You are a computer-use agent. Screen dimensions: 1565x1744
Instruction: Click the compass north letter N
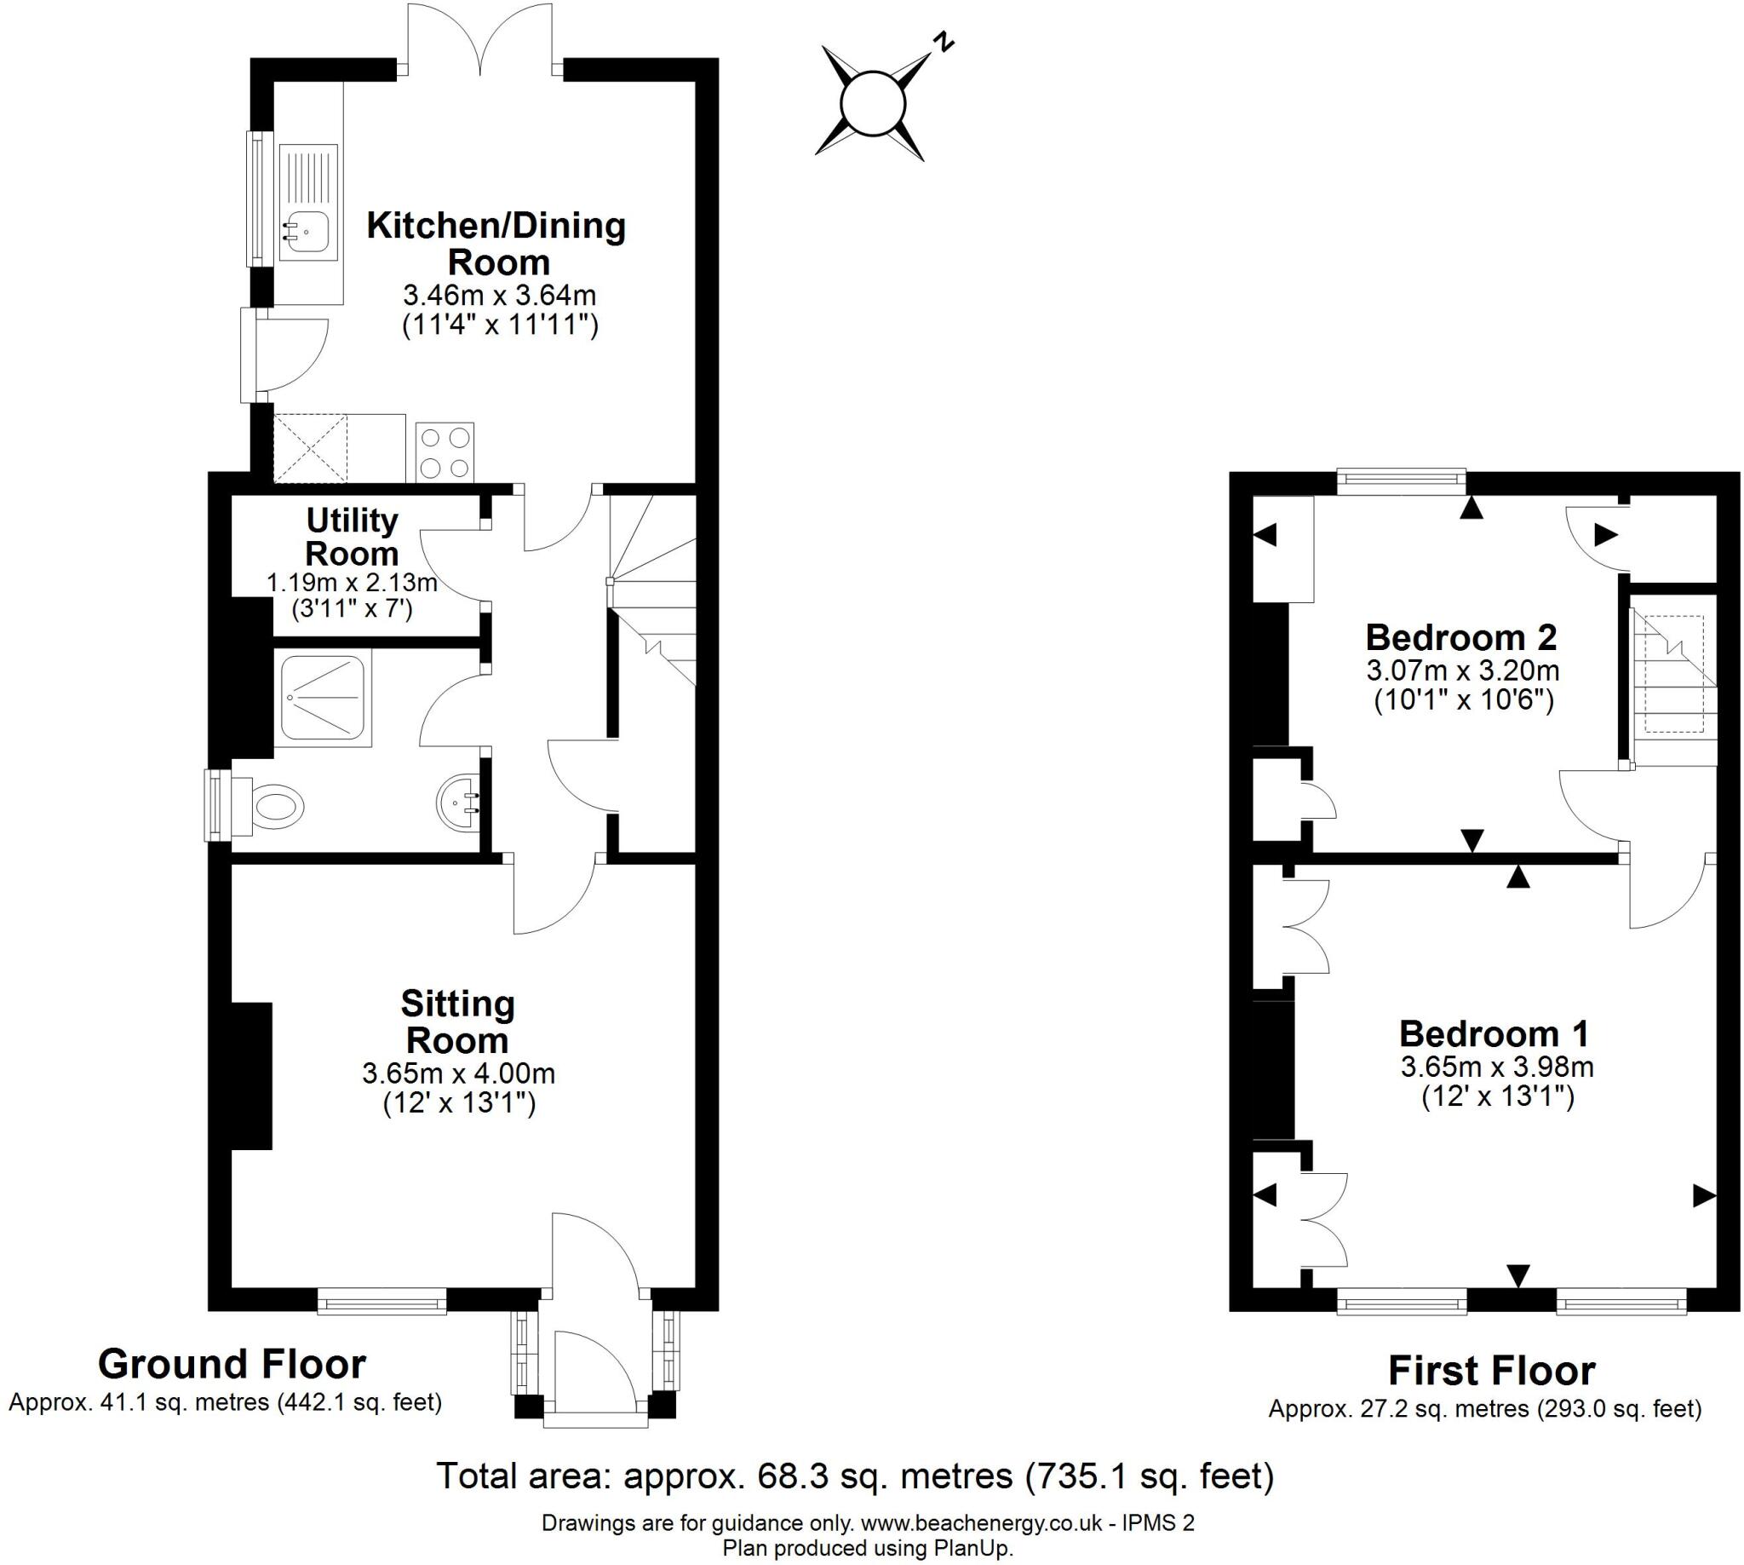click(x=944, y=42)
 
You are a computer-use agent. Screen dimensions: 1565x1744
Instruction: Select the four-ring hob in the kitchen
click(x=445, y=452)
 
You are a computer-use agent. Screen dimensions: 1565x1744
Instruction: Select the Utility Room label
click(x=352, y=537)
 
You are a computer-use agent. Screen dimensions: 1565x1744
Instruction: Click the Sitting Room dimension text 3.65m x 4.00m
click(x=458, y=1073)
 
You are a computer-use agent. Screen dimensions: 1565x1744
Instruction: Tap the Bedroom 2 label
click(x=1460, y=637)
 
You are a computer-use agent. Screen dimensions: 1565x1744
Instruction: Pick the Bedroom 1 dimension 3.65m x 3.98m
click(x=1496, y=1067)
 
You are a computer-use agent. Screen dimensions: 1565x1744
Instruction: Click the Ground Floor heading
click(x=232, y=1365)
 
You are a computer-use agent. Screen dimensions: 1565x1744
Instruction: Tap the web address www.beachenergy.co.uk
click(x=981, y=1524)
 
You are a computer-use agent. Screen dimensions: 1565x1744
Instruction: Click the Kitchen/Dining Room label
click(x=496, y=244)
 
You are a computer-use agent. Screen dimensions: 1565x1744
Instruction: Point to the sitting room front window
click(x=381, y=1300)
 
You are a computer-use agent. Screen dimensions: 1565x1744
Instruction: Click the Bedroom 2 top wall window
click(x=1401, y=481)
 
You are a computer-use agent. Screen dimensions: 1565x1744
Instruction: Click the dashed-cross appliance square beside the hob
click(x=310, y=448)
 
